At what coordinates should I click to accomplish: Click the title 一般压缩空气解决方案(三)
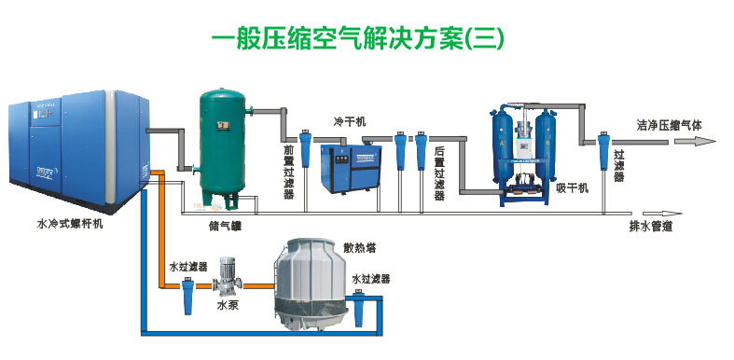click(x=358, y=38)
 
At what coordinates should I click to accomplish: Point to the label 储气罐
click(x=226, y=224)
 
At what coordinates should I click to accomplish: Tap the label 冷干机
click(x=351, y=122)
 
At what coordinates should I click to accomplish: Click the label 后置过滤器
click(x=438, y=175)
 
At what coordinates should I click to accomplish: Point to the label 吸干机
click(x=573, y=188)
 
